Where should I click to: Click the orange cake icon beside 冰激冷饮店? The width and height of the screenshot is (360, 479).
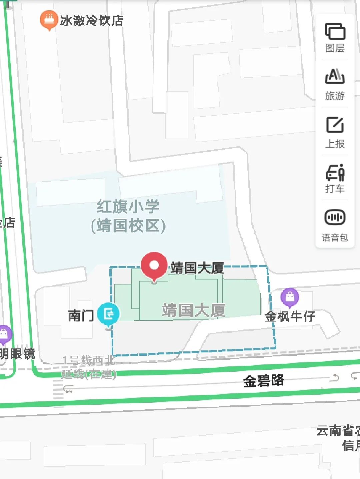pyautogui.click(x=49, y=19)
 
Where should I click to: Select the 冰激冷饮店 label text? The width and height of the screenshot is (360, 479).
pyautogui.click(x=92, y=21)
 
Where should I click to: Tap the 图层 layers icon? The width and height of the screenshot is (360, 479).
pyautogui.click(x=335, y=32)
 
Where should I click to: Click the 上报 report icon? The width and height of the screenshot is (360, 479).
pyautogui.click(x=335, y=125)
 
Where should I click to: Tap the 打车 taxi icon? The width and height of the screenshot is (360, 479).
pyautogui.click(x=335, y=172)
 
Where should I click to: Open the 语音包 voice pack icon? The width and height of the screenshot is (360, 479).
pyautogui.click(x=335, y=218)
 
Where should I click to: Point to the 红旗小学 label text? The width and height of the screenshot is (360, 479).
pyautogui.click(x=128, y=207)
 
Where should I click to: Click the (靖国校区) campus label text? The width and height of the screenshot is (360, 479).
pyautogui.click(x=128, y=226)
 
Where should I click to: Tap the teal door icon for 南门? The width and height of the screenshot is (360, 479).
pyautogui.click(x=108, y=314)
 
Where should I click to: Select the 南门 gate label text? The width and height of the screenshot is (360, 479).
pyautogui.click(x=81, y=315)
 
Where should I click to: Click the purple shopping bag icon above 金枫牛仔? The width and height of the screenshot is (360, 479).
pyautogui.click(x=290, y=297)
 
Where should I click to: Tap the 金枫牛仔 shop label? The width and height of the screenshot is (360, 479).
pyautogui.click(x=290, y=316)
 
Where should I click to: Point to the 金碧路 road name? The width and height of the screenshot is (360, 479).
pyautogui.click(x=263, y=380)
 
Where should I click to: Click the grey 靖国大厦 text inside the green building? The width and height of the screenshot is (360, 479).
pyautogui.click(x=194, y=310)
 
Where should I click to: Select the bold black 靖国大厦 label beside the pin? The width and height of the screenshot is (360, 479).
pyautogui.click(x=197, y=268)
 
